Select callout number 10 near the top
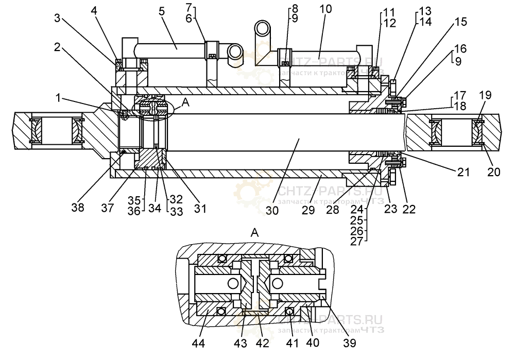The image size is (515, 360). [325, 10]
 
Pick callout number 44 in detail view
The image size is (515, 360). [198, 342]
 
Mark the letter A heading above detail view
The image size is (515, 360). [253, 233]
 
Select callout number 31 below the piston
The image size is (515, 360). [200, 209]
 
